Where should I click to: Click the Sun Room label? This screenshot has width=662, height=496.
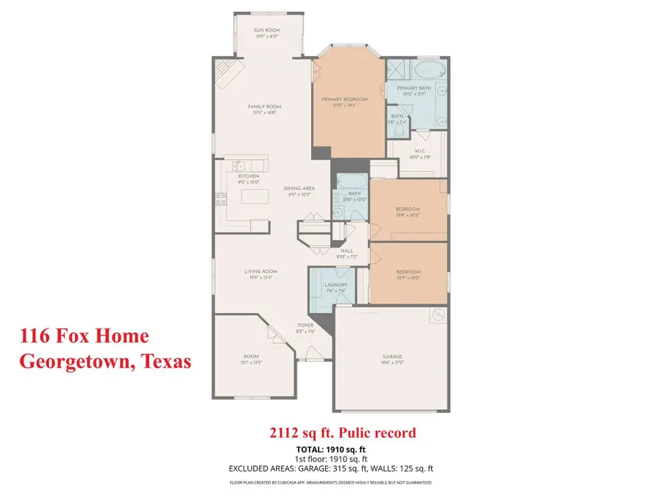pos(268,31)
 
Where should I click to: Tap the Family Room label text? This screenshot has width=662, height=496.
pos(264,107)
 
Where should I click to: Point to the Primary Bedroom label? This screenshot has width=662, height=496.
pos(344,99)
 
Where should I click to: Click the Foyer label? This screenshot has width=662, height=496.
pos(305,325)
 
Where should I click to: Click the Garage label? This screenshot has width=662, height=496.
pos(391,356)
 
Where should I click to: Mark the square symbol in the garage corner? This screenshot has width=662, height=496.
pos(437,315)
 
